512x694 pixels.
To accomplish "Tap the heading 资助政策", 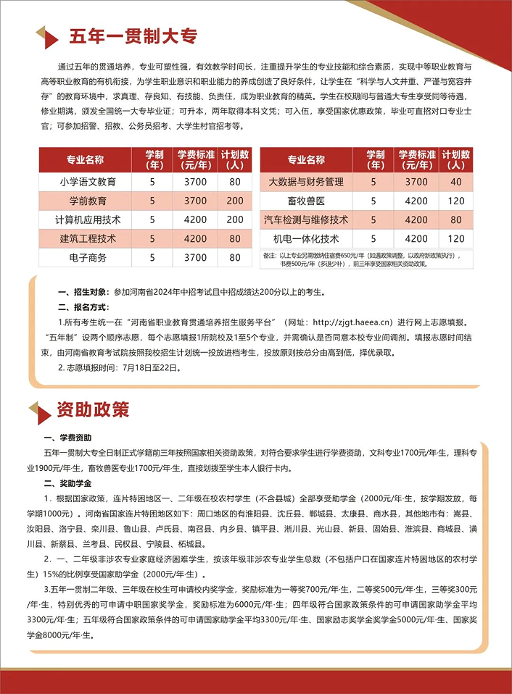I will click(x=93, y=409).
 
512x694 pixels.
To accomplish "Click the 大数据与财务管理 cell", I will click(x=305, y=181).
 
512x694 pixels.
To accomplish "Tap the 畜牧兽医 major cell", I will click(x=305, y=200).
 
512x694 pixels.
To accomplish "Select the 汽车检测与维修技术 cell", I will click(x=305, y=219).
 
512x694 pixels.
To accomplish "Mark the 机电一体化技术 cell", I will click(x=305, y=238).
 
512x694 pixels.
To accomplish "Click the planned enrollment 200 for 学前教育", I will click(x=235, y=200).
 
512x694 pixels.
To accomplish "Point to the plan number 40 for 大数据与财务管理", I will click(x=455, y=181).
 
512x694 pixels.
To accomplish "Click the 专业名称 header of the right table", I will click(x=305, y=159).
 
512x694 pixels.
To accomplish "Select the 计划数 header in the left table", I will click(x=235, y=159).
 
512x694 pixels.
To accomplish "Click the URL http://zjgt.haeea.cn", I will click(x=347, y=321).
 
